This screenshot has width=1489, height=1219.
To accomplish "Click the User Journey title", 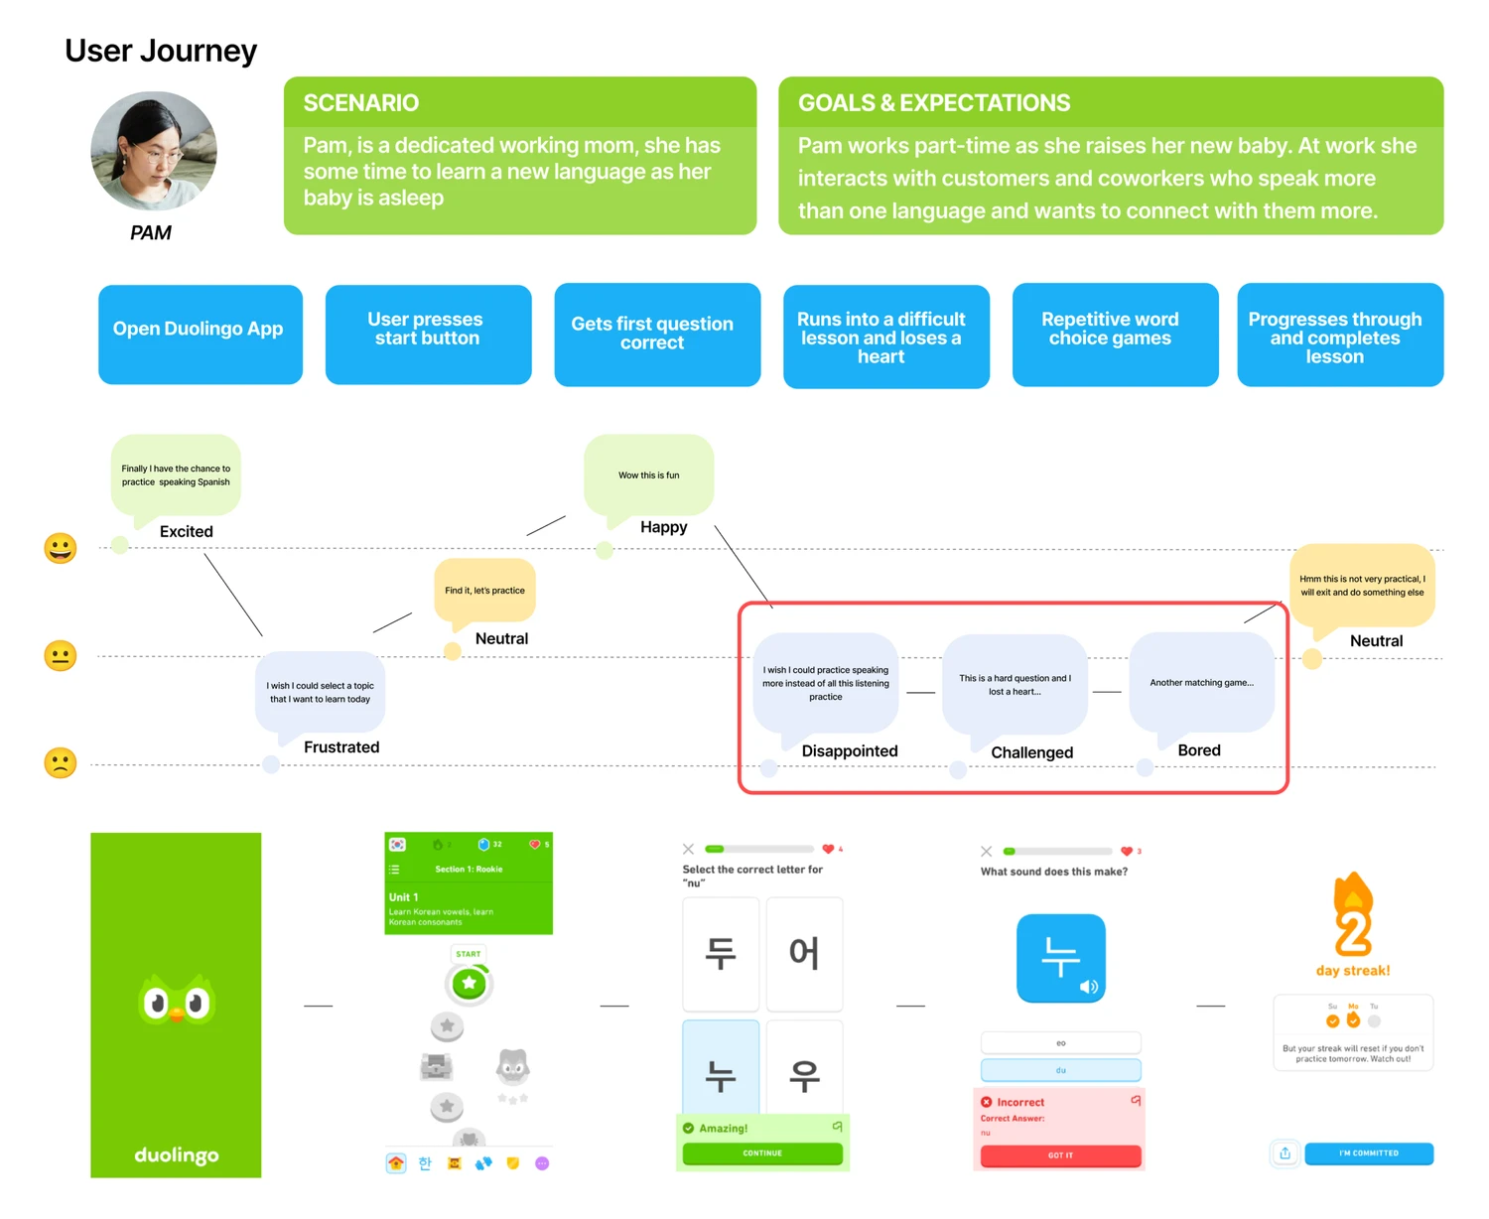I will pos(161,51).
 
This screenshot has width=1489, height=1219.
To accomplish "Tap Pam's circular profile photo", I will pos(154,152).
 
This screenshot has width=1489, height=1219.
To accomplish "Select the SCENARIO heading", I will pos(361,103).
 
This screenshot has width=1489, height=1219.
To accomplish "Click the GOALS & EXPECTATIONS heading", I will pos(934,103).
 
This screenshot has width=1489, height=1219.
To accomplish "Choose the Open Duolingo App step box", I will pos(200,335).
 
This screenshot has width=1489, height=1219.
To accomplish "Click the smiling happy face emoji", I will pos(61,548).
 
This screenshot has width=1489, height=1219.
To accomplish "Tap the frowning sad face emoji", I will pos(61,762).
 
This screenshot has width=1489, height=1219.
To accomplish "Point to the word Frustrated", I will pos(341,747).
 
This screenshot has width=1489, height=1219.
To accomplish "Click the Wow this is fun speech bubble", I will pos(649,474).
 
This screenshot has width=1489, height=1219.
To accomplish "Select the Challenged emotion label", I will pos(1031,752).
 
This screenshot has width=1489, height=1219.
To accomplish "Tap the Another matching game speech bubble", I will pos(1201,683).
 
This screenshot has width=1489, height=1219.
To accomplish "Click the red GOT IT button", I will pos(1060,1155).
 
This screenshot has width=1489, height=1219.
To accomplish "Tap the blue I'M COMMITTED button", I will pos(1368,1153).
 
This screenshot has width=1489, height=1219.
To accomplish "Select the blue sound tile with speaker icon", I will pos(1060,958).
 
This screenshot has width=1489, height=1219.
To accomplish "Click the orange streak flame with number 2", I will pos(1352,916).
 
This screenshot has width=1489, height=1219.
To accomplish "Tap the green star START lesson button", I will pos(469,984).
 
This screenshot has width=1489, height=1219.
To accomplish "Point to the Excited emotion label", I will pos(187,532).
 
